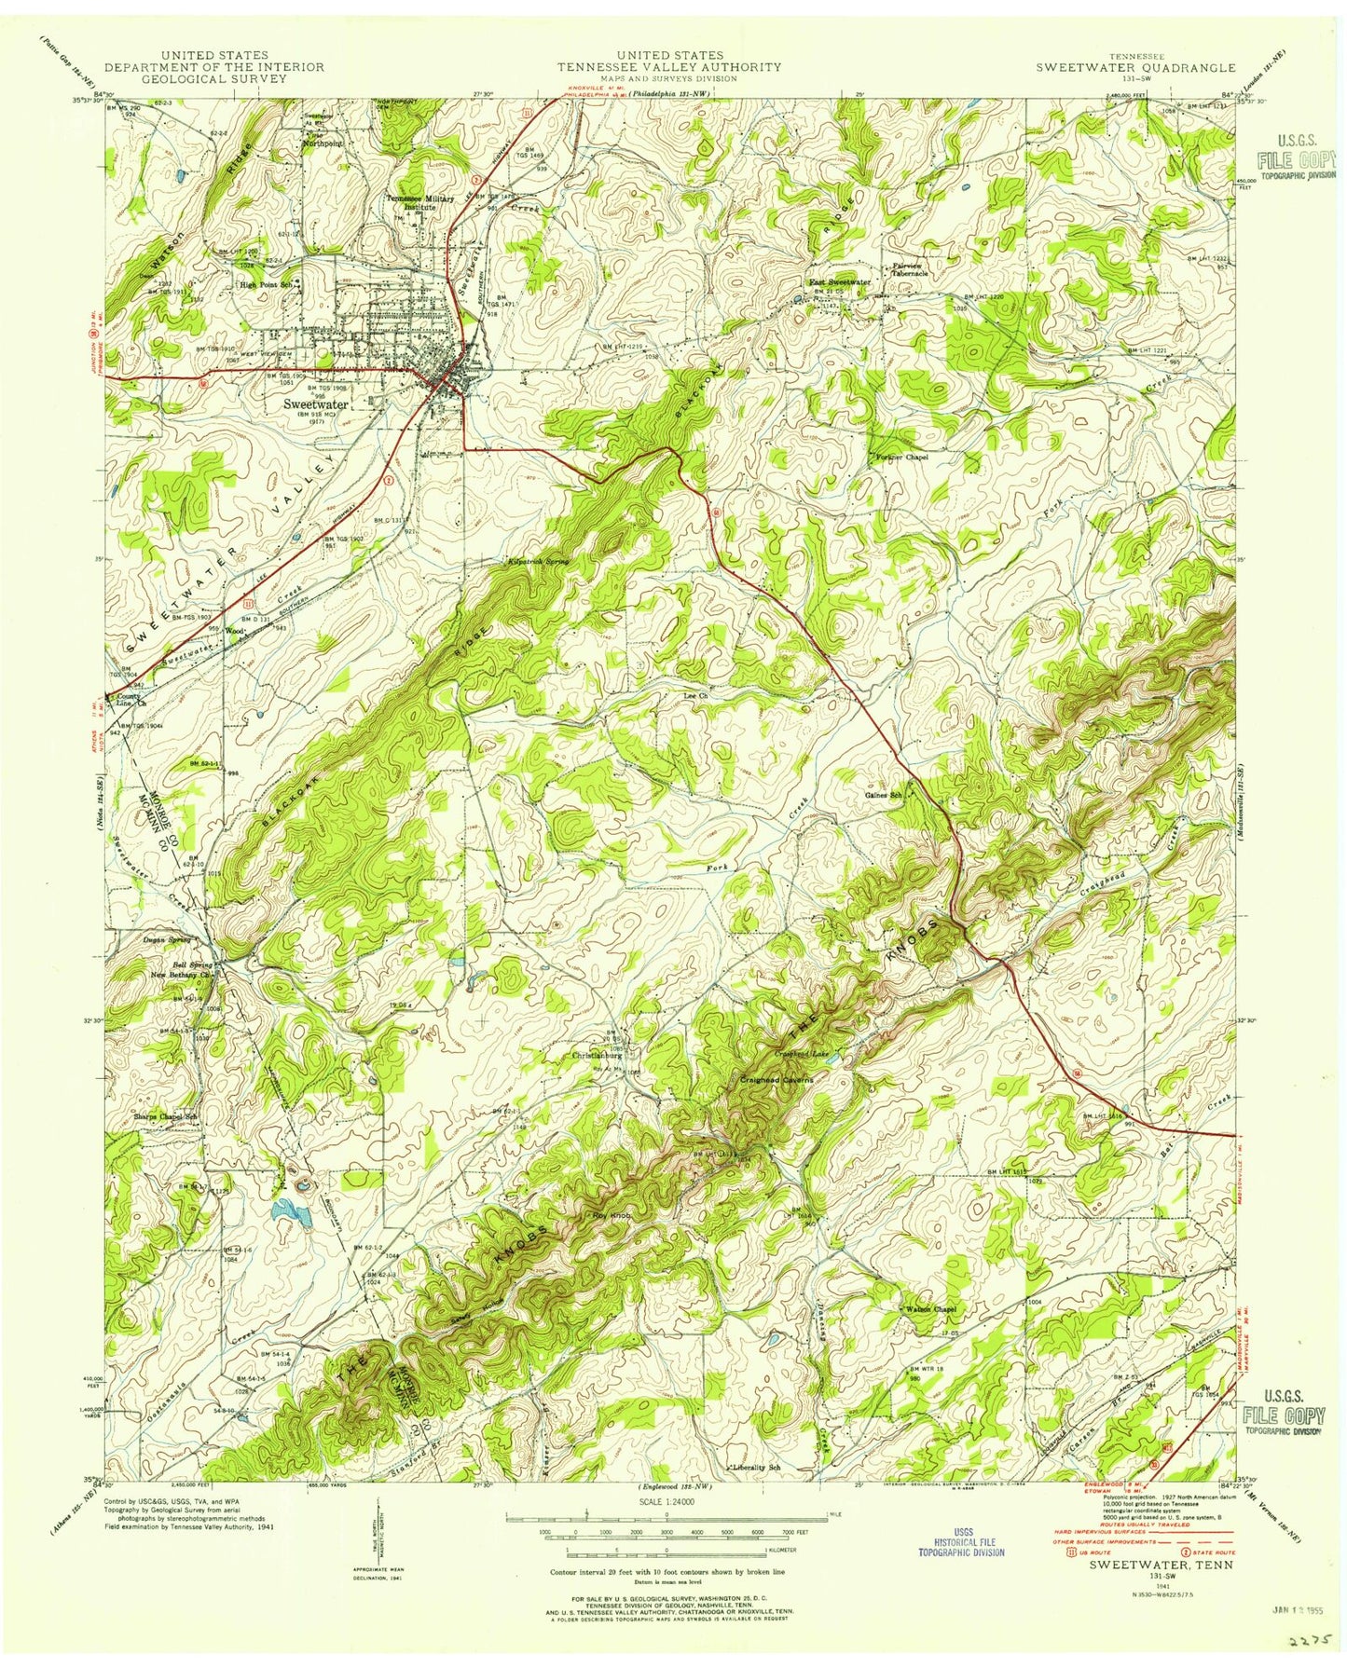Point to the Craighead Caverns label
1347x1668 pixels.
[777, 1079]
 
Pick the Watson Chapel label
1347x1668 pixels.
[931, 1309]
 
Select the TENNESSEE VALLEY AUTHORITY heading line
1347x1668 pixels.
[668, 67]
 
